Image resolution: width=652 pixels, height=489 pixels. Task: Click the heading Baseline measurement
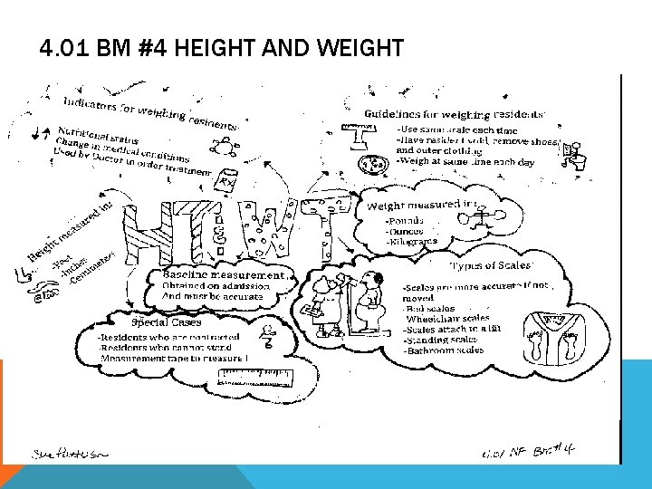coord(223,274)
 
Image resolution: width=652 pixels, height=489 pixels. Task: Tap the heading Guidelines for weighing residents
coord(454,114)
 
